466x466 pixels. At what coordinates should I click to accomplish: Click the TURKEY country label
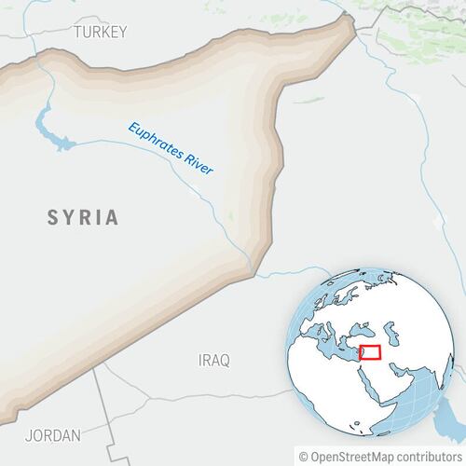pos(100,32)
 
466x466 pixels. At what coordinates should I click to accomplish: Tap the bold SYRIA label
pos(84,218)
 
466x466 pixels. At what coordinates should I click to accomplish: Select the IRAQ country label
pos(213,359)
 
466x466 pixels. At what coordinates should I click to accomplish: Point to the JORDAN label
pos(53,434)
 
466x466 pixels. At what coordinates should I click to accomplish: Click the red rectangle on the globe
pos(371,353)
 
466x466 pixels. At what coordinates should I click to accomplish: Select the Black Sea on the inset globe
pos(366,328)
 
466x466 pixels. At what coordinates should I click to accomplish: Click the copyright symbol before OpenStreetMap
pos(303,456)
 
